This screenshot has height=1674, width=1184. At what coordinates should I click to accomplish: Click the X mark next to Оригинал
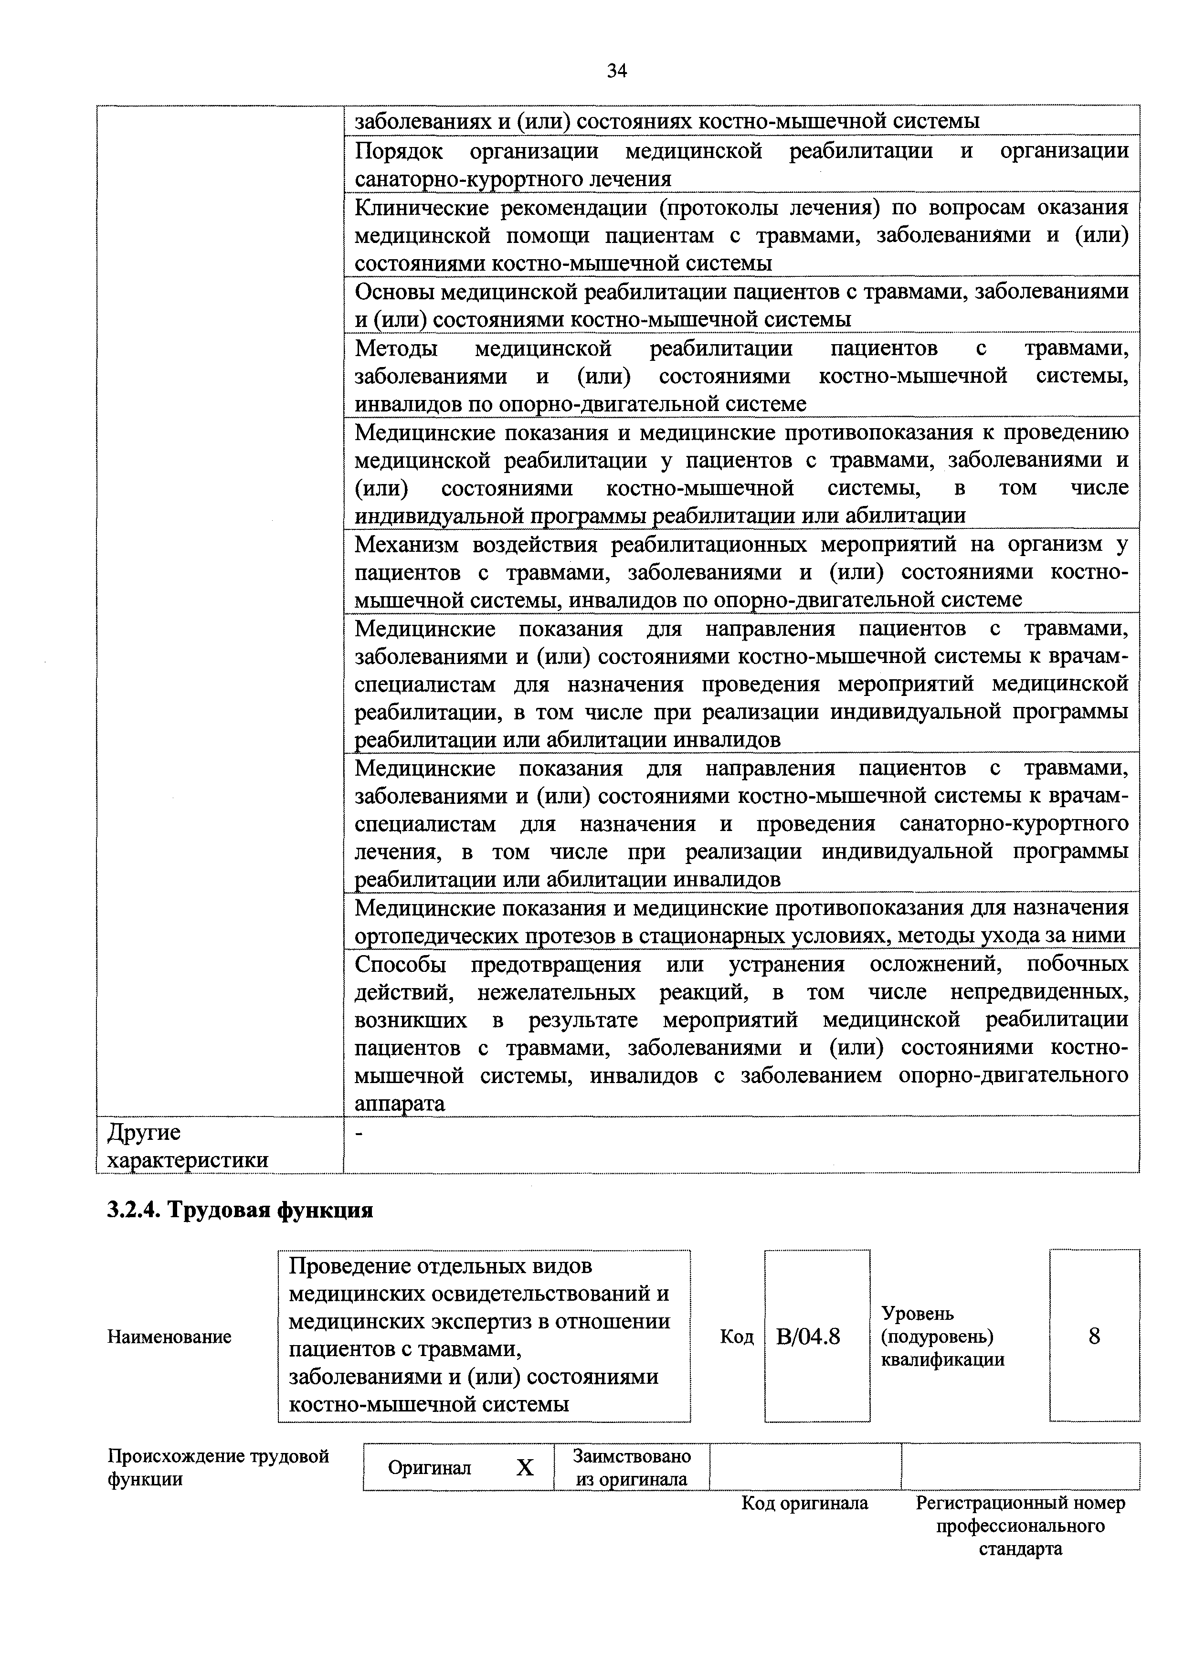coord(525,1467)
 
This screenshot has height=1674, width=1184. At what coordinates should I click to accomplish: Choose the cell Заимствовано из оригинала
coord(631,1467)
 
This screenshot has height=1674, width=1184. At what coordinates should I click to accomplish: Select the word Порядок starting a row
coord(400,151)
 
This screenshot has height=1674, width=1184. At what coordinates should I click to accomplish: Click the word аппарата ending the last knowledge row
coord(400,1104)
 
